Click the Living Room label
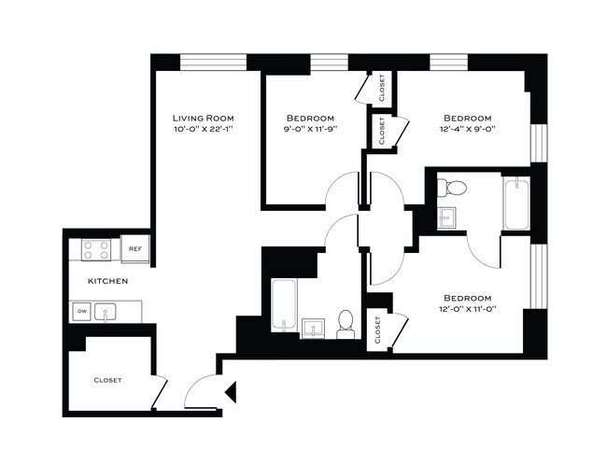tap(202, 118)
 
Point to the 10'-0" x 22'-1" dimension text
tap(202, 130)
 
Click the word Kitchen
tap(107, 281)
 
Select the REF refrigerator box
tap(135, 249)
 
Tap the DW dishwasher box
tap(81, 312)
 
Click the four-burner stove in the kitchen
tap(97, 249)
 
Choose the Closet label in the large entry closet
tap(107, 380)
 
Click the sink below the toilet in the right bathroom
tap(447, 218)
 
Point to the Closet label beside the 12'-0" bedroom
tap(378, 330)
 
